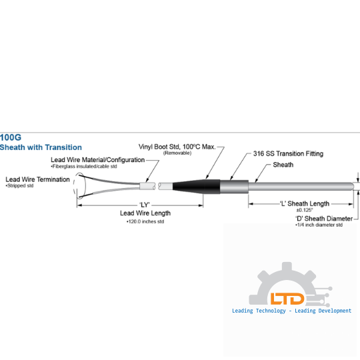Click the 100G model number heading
point(11,137)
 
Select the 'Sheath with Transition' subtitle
point(41,147)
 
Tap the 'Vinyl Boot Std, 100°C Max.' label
point(177,147)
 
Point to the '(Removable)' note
point(177,153)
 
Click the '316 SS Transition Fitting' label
point(288,153)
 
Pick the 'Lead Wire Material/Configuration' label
point(97,160)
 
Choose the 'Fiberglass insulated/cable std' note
point(84,166)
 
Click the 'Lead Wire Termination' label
point(37,179)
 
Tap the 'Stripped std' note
point(19,185)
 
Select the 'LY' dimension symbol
point(145,205)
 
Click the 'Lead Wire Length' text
point(145,213)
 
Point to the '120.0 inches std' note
point(145,221)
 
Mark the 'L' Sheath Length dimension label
point(305,203)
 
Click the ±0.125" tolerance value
point(305,210)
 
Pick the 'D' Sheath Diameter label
point(324,219)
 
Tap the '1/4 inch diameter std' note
point(319,225)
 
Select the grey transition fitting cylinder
point(234,187)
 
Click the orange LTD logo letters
point(287,299)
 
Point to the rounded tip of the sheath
point(353,187)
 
